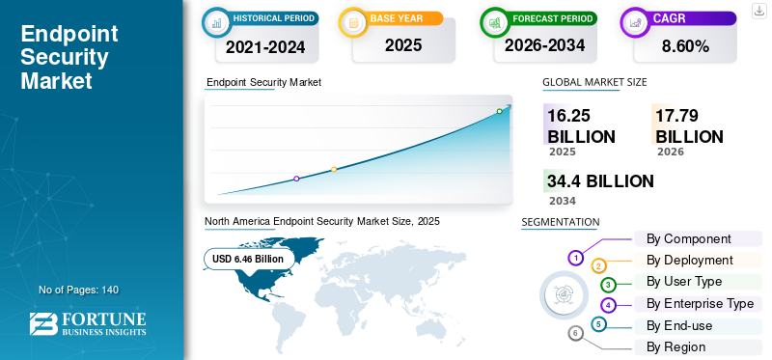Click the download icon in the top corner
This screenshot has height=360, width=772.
click(758, 11)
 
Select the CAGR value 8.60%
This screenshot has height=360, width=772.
click(685, 46)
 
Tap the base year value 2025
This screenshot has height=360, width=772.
click(403, 45)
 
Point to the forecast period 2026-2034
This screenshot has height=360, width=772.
click(544, 45)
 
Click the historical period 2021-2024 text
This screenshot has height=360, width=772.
click(265, 47)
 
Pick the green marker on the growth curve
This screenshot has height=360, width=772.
click(499, 111)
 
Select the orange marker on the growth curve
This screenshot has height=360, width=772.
click(334, 170)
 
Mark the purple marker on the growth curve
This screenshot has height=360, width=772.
click(296, 179)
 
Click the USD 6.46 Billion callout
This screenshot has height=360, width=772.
click(248, 259)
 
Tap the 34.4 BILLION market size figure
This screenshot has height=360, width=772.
click(600, 181)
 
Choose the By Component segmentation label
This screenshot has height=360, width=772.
click(688, 238)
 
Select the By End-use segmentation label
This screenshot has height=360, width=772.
click(679, 325)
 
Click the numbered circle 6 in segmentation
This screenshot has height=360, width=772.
click(575, 334)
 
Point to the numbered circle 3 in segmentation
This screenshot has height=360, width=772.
click(608, 285)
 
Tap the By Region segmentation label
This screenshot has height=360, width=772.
click(675, 347)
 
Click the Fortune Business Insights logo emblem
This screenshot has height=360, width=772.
click(43, 323)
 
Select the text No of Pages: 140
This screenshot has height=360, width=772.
click(79, 290)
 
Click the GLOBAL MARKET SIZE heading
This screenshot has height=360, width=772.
click(594, 82)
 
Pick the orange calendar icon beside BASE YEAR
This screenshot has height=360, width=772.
click(353, 22)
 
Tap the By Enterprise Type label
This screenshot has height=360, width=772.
click(700, 304)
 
